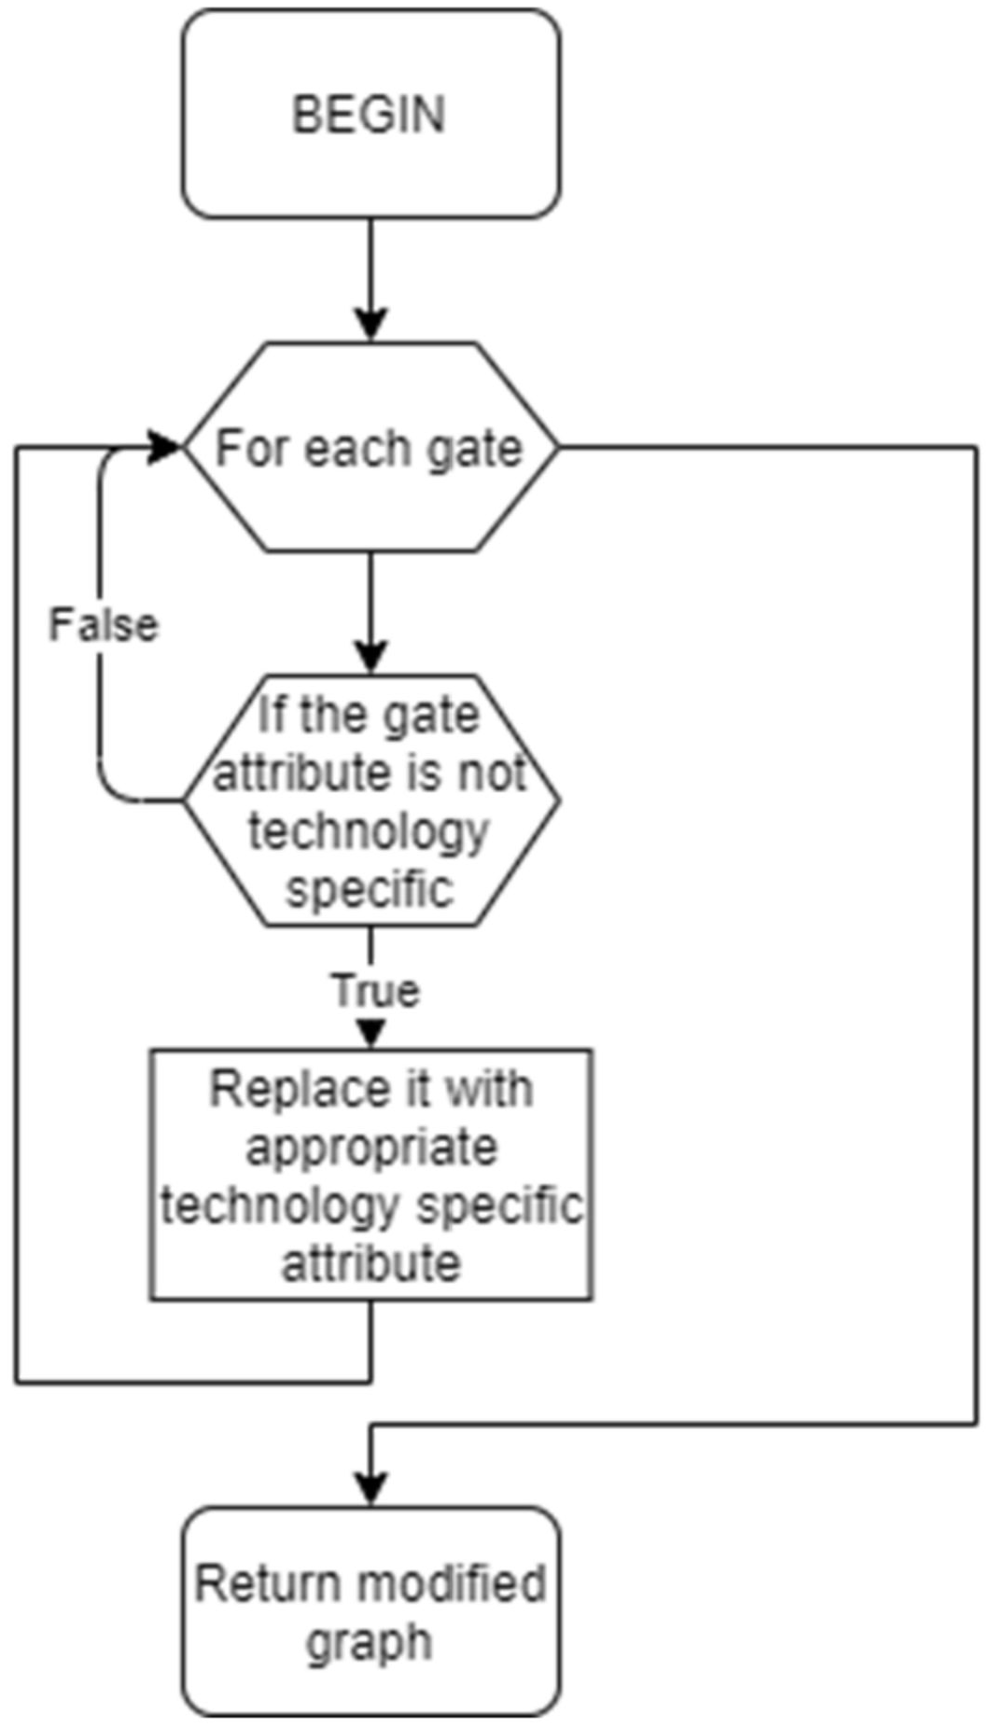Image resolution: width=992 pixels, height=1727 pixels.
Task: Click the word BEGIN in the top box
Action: [370, 115]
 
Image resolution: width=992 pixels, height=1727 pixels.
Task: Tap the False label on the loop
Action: [104, 625]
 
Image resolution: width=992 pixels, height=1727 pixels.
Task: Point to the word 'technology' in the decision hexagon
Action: [369, 830]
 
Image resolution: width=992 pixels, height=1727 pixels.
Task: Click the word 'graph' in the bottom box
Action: [370, 1642]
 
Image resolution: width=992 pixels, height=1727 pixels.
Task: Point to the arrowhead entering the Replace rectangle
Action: [371, 1034]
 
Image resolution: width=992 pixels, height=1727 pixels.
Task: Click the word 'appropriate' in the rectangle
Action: [370, 1148]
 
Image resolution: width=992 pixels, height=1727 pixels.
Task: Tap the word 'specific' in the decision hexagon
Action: [370, 888]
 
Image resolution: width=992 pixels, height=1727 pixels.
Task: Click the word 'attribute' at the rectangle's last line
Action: [370, 1263]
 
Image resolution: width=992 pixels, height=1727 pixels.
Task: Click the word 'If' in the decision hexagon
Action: [272, 716]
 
